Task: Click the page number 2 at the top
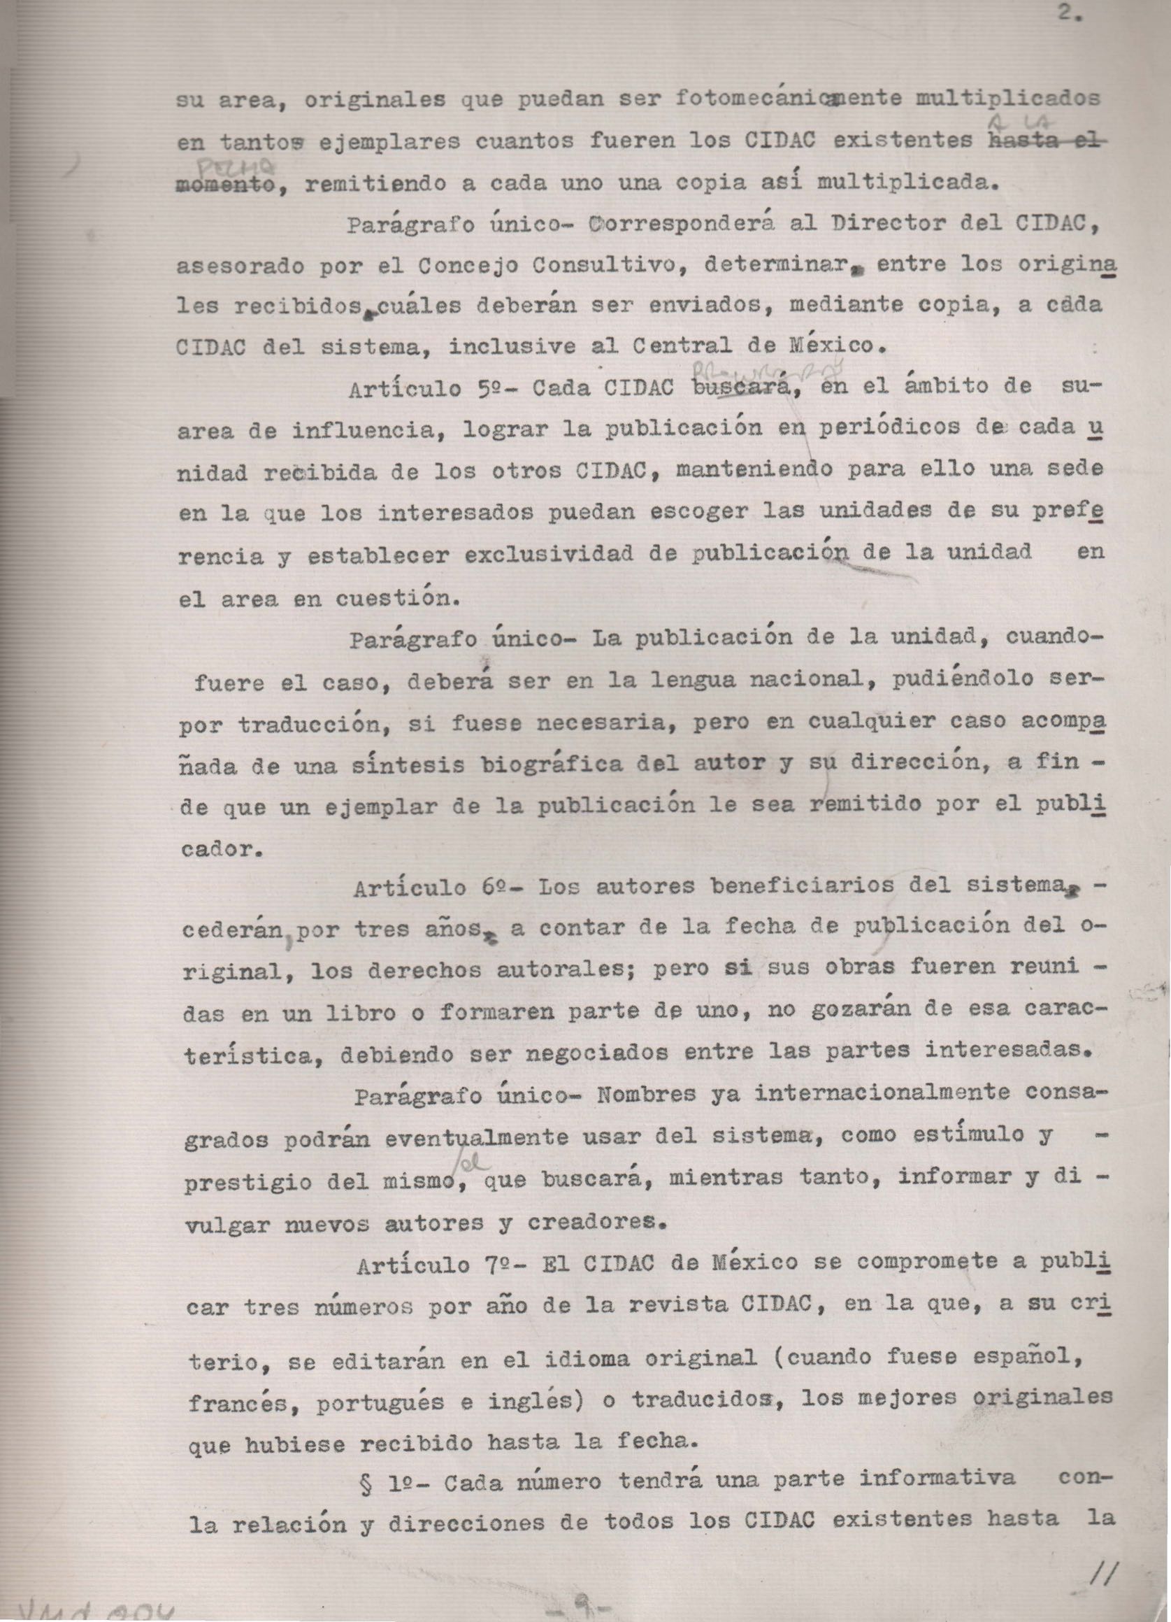pyautogui.click(x=1070, y=13)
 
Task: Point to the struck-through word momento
pyautogui.click(x=227, y=185)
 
